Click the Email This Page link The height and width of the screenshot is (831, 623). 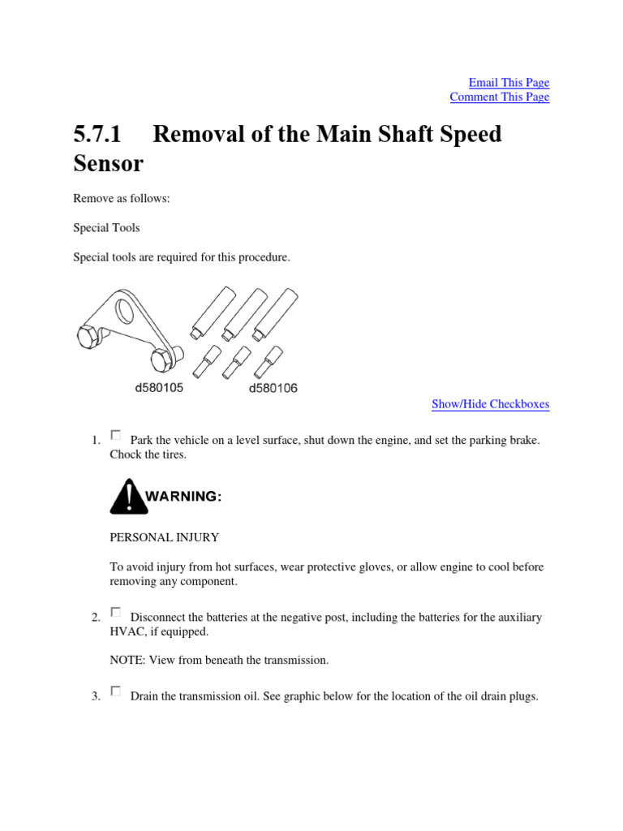point(509,83)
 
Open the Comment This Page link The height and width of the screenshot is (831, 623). point(500,97)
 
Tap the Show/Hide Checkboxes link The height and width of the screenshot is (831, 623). point(490,404)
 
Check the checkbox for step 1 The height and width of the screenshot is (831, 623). point(115,435)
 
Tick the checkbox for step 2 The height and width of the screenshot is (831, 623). point(115,612)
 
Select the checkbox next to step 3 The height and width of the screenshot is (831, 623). point(115,691)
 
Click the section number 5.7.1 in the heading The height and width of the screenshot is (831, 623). point(97,134)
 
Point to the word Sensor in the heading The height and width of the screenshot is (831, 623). point(108,163)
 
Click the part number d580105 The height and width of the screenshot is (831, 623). point(159,388)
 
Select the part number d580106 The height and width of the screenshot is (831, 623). point(273,388)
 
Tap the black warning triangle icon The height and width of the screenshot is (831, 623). point(128,497)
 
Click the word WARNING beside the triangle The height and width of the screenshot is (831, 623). point(183,497)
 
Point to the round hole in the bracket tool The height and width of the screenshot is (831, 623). point(125,311)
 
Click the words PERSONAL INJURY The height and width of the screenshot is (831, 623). point(164,537)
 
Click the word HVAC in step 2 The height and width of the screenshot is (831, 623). point(127,631)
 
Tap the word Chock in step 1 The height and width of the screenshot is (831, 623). point(126,454)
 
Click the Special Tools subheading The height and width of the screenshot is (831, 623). point(106,228)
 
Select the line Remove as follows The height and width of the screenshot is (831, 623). point(122,199)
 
